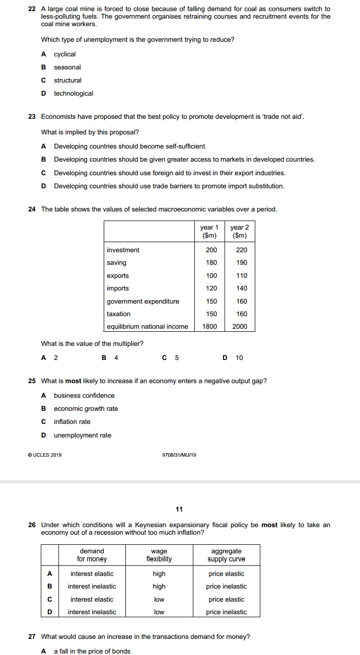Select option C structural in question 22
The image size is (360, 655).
pyautogui.click(x=67, y=81)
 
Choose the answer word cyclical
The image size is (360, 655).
pyautogui.click(x=65, y=54)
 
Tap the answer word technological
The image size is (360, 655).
pyautogui.click(x=74, y=94)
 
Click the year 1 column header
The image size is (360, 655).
pyautogui.click(x=209, y=231)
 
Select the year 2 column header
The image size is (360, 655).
pyautogui.click(x=240, y=231)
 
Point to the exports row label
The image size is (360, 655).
pyautogui.click(x=118, y=276)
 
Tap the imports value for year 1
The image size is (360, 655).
pyautogui.click(x=211, y=288)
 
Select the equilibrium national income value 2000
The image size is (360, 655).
pyautogui.click(x=240, y=327)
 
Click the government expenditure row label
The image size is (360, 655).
pyautogui.click(x=143, y=302)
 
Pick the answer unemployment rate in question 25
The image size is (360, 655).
pyautogui.click(x=83, y=435)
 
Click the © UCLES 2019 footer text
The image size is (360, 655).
pyautogui.click(x=45, y=455)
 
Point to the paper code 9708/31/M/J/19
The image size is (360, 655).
pyautogui.click(x=179, y=455)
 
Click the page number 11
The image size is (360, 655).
pyautogui.click(x=179, y=509)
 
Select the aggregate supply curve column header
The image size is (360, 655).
pyautogui.click(x=227, y=555)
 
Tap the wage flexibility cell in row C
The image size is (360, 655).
pyautogui.click(x=159, y=600)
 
